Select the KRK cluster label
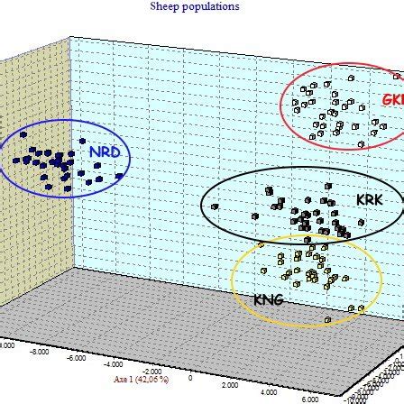tap(369, 195)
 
